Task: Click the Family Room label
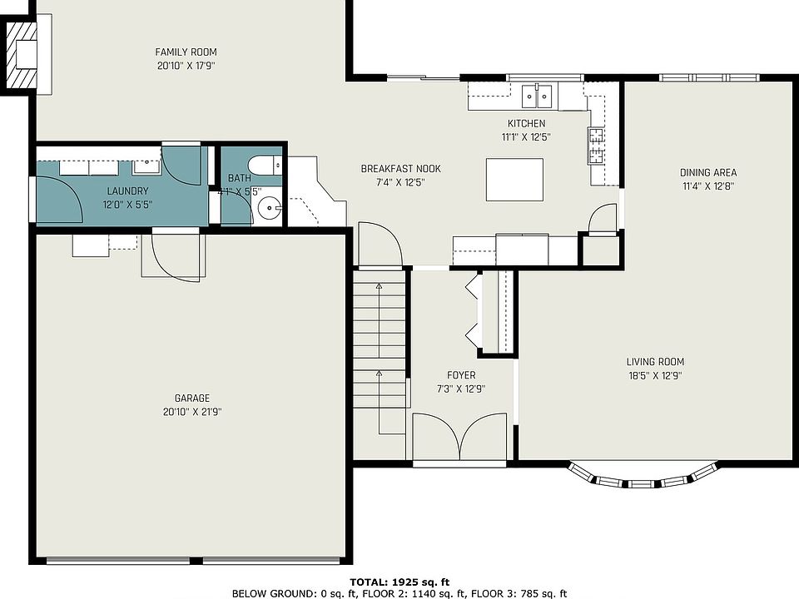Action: coord(186,52)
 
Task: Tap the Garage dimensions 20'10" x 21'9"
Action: coord(192,412)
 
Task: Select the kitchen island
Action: coord(514,180)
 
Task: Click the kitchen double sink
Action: coord(537,97)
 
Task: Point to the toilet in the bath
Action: coord(265,165)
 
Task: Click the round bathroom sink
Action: coord(268,208)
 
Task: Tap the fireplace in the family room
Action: coord(22,55)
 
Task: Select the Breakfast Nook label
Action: coord(400,169)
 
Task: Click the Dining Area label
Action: coord(708,173)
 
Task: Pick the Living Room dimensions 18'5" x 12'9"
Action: coord(655,376)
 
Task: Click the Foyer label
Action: coord(461,375)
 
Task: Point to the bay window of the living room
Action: coord(643,476)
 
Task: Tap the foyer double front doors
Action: coord(459,438)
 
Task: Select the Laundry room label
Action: coord(127,191)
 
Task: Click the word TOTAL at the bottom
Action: coord(368,582)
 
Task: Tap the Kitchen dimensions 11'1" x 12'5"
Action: coord(526,137)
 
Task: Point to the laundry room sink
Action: coord(147,166)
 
